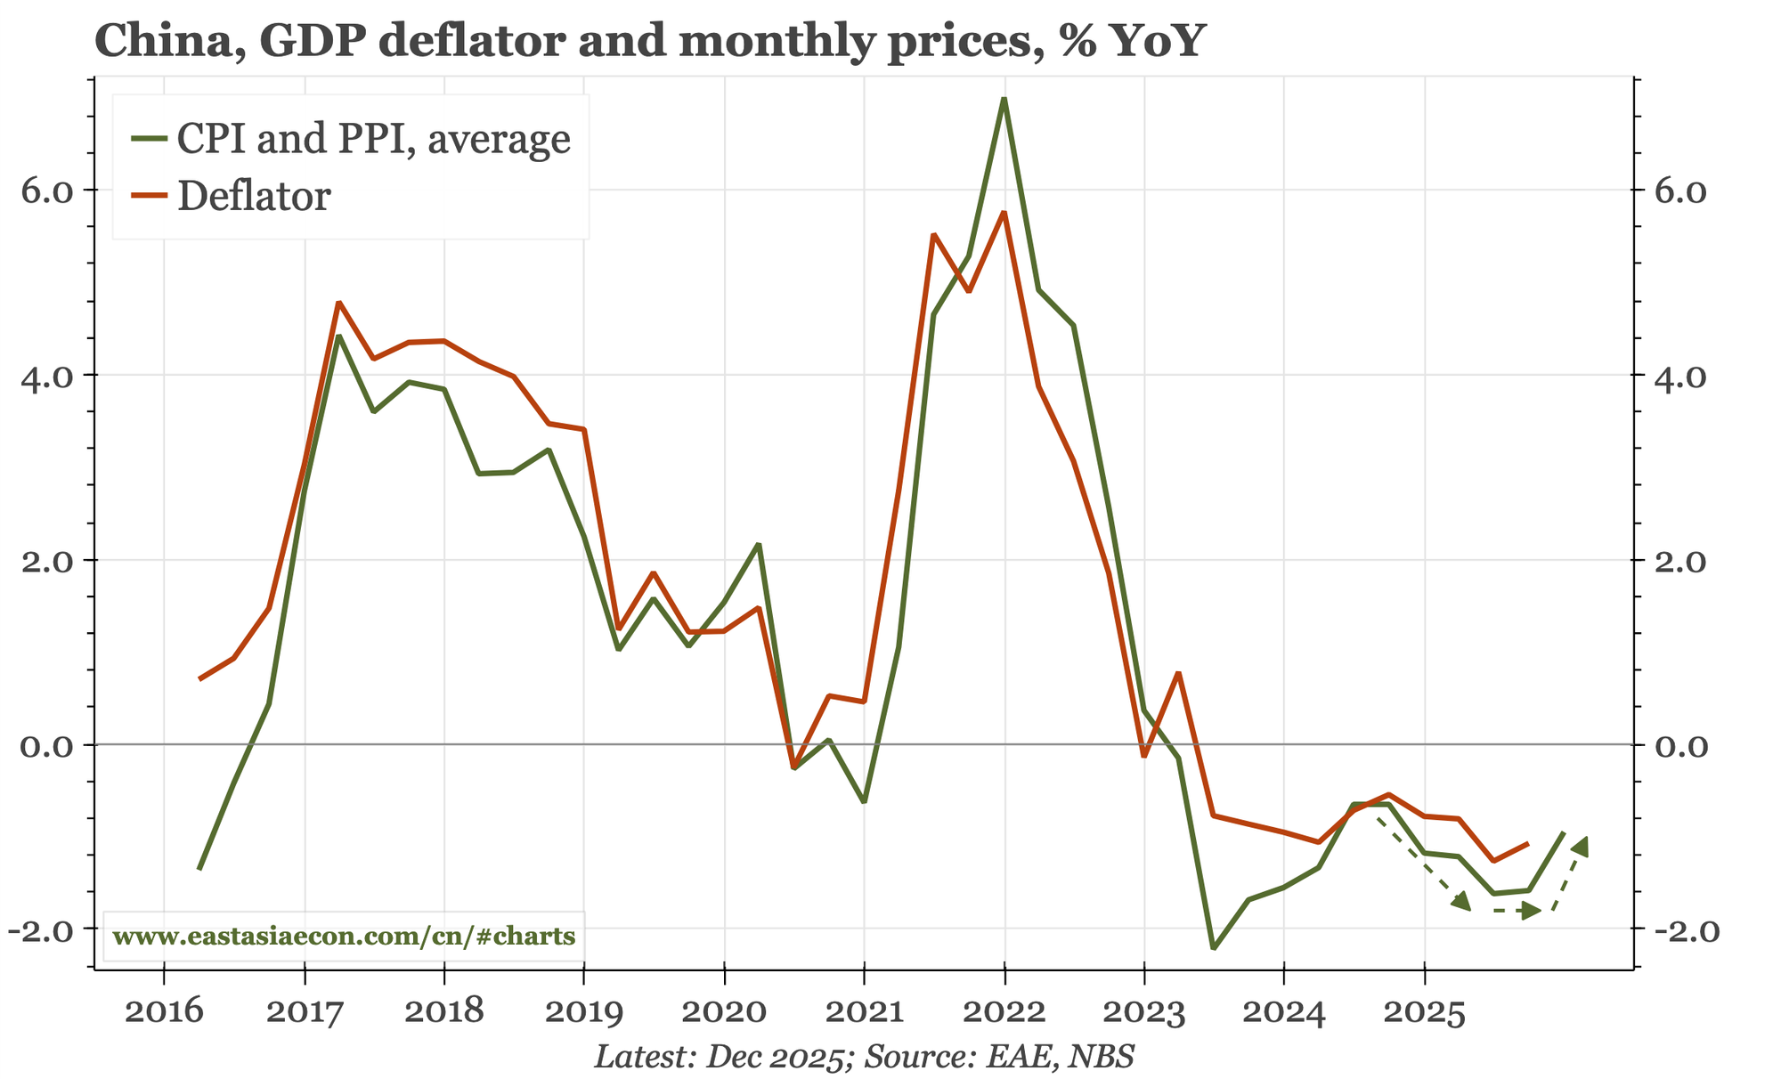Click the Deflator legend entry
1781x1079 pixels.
coord(254,196)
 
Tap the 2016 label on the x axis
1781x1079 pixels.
coord(163,1011)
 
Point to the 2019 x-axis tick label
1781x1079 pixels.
coord(583,1011)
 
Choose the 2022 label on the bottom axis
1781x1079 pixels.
coord(1004,1011)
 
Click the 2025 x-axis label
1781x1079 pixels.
coord(1424,1011)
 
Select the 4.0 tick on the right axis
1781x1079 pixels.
coord(1678,376)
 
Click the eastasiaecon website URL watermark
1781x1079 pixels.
coord(344,937)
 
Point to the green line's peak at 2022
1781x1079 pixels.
coord(1004,100)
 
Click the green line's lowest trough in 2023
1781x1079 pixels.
coord(1214,948)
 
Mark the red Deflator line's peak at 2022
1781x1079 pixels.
coord(1004,213)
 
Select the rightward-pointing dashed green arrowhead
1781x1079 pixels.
coord(1531,910)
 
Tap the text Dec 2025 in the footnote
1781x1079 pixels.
coord(774,1058)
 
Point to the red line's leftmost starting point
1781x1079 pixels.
coord(199,679)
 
